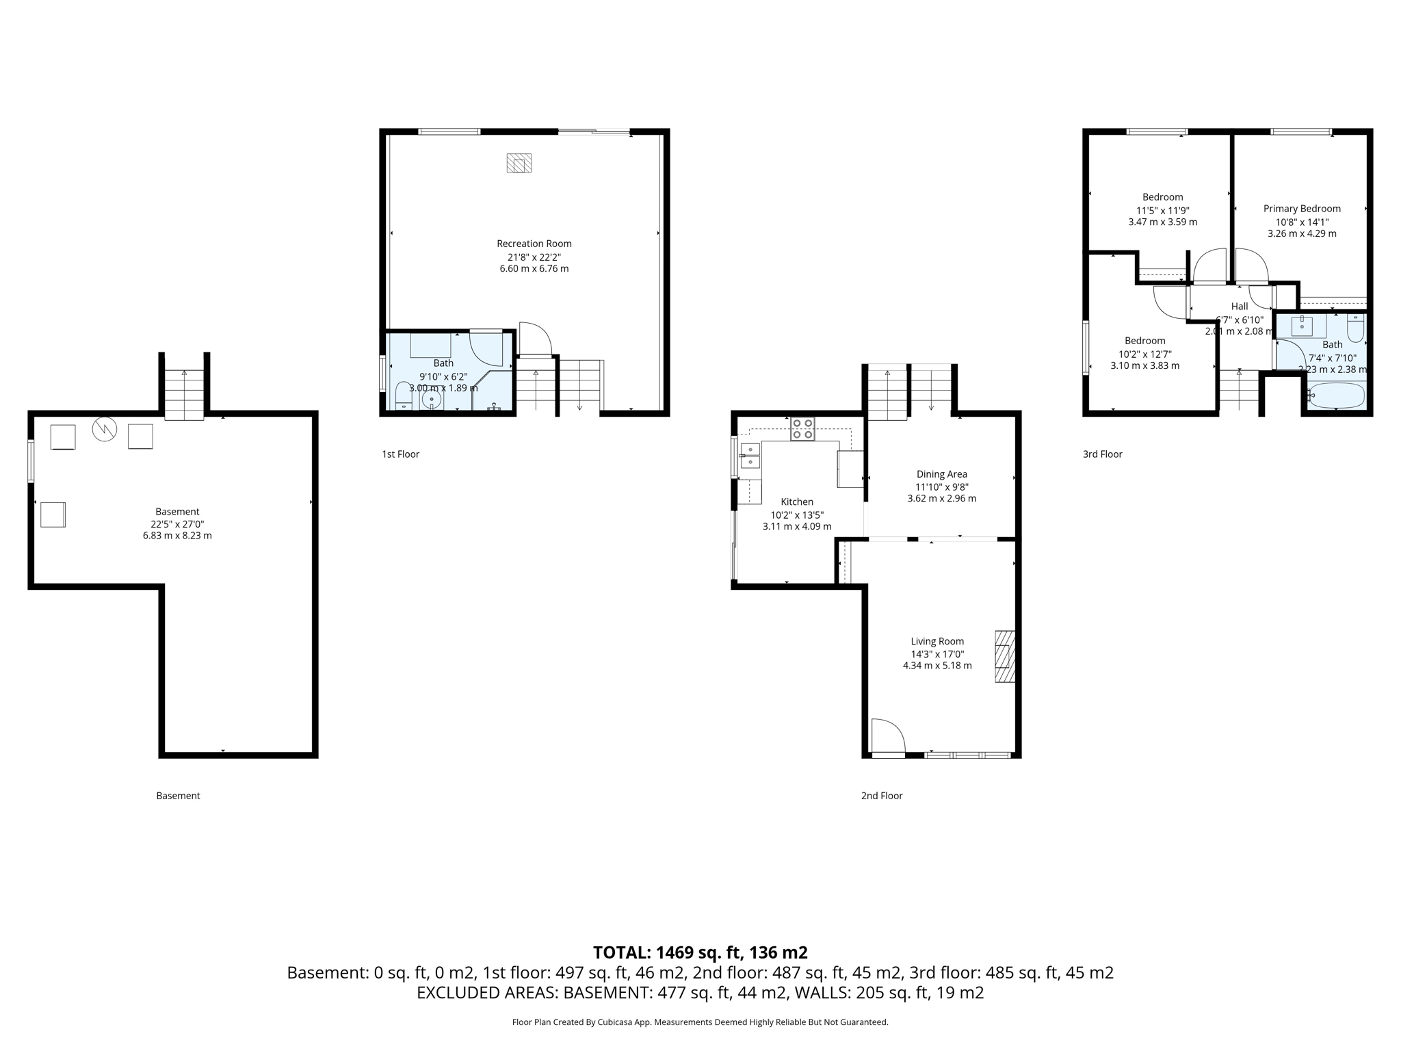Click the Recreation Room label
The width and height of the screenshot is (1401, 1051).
point(534,244)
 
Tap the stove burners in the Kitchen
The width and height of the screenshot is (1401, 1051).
point(802,428)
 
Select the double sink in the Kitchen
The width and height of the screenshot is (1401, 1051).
point(750,456)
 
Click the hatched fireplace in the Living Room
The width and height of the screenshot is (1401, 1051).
point(1004,656)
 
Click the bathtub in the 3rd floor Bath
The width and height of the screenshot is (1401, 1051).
point(1337,395)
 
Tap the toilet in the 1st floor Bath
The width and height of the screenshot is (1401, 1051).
point(404,395)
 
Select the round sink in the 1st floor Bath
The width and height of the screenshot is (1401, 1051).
point(432,400)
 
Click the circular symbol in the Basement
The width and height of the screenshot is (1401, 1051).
point(105,429)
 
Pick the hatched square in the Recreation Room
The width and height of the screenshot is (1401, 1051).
point(519,163)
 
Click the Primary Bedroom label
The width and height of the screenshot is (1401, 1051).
point(1301,209)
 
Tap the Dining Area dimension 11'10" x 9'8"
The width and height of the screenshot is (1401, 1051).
point(941,486)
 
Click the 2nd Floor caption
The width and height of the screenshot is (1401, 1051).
point(881,796)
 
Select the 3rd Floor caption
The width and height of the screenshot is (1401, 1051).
point(1102,454)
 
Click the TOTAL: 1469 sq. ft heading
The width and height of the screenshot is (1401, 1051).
point(700,952)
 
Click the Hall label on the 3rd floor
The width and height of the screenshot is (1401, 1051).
point(1239,307)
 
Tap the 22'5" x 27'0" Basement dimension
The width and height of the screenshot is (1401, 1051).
point(177,523)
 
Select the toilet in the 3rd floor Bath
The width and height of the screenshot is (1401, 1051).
point(1355,328)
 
